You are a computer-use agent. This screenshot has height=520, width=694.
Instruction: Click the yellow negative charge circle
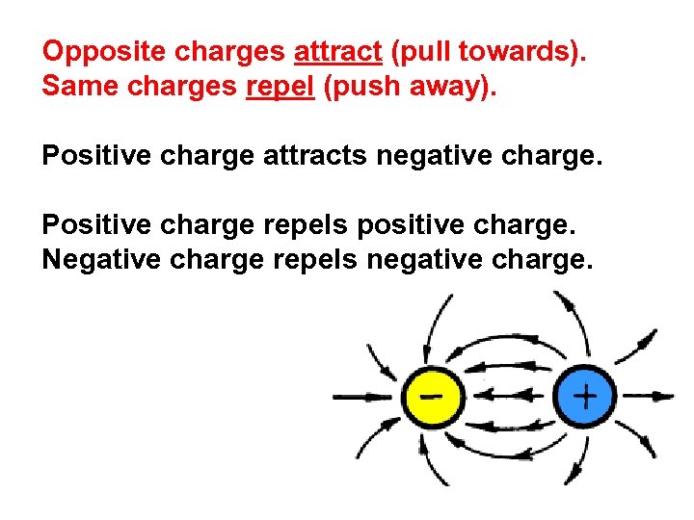pos(435,396)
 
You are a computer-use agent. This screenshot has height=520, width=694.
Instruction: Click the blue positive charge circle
pos(584,396)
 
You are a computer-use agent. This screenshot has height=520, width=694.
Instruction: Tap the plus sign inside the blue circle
pos(584,395)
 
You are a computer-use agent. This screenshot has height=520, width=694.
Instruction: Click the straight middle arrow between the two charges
pos(509,395)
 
